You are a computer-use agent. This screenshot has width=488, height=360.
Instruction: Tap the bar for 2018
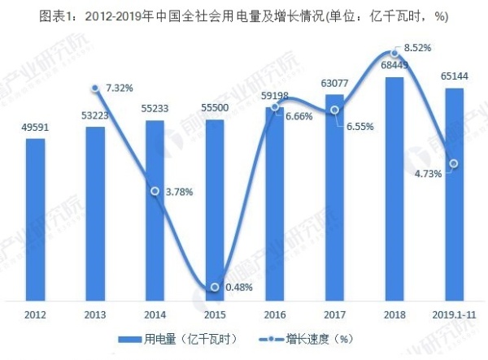click(x=394, y=187)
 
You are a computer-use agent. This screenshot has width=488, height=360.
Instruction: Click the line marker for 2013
click(x=95, y=88)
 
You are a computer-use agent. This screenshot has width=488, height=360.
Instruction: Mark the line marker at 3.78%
click(x=155, y=192)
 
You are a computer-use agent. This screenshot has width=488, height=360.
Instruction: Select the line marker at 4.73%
click(x=455, y=163)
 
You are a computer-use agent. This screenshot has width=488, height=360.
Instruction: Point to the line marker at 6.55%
click(x=334, y=110)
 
